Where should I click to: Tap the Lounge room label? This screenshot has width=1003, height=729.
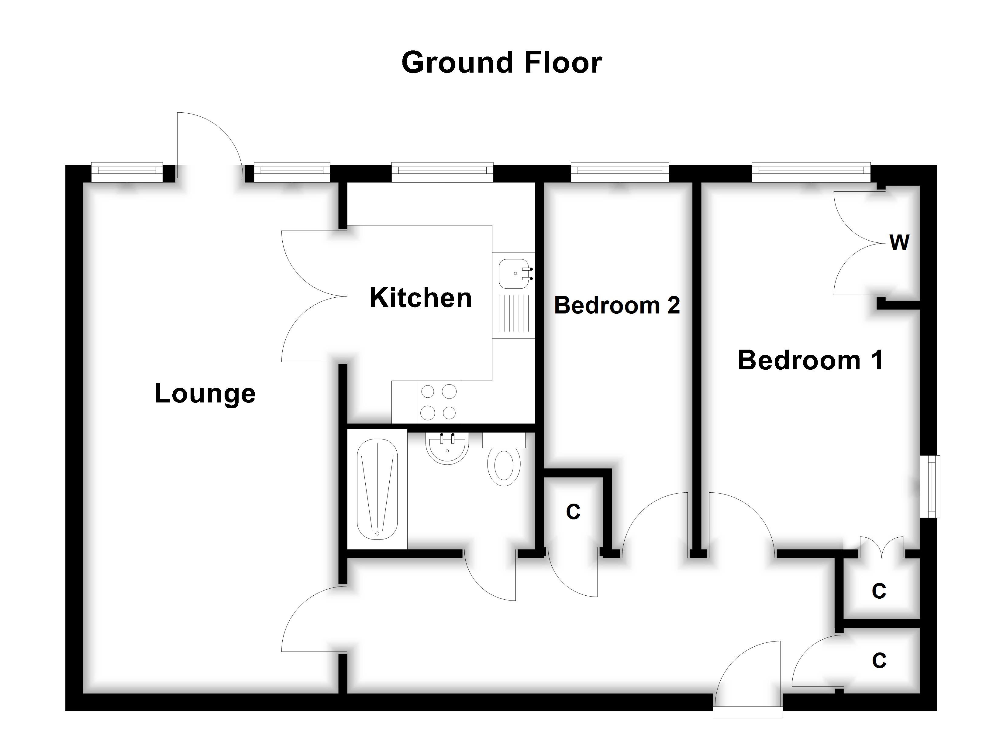(x=205, y=393)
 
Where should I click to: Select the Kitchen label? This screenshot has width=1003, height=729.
(x=421, y=298)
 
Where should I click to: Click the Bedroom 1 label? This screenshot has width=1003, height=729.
(x=810, y=360)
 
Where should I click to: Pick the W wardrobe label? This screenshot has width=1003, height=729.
(x=899, y=243)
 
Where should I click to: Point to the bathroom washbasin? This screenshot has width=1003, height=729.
(x=447, y=447)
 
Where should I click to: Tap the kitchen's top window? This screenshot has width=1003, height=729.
(x=442, y=172)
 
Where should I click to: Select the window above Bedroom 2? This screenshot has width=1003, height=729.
(x=619, y=172)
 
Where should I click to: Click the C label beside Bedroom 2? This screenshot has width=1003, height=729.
(x=573, y=512)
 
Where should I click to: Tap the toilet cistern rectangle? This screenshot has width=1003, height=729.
(x=504, y=440)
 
